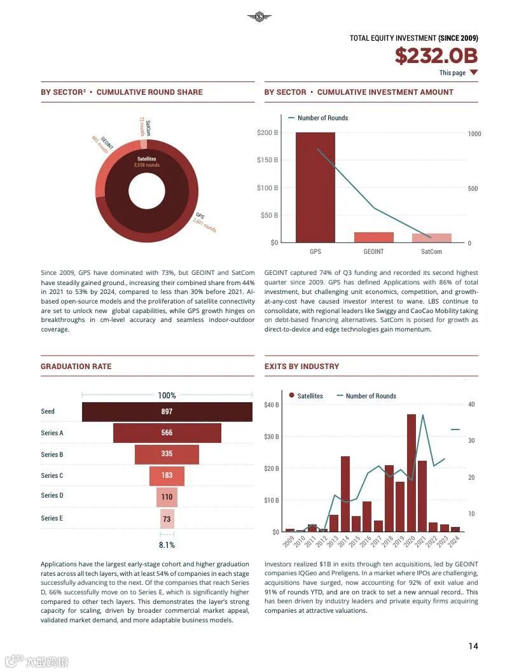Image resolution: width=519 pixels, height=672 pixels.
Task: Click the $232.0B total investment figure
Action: [x=436, y=56]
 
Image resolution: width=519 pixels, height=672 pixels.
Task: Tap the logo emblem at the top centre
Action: [x=259, y=17]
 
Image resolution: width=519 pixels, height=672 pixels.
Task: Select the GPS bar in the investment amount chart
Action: [x=315, y=187]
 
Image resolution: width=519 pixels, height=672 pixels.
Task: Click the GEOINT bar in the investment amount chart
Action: [x=373, y=237]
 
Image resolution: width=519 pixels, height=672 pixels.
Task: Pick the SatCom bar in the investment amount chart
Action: [x=431, y=238]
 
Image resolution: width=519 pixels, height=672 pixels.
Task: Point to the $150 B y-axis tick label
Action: [x=267, y=160]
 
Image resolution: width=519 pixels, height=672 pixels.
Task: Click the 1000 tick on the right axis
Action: [x=474, y=134]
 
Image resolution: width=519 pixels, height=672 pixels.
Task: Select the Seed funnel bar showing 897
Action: [x=167, y=412]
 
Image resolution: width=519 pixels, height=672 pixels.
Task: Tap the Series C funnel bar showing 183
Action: [x=167, y=475]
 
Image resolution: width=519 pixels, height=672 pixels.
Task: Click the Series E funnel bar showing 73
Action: [x=167, y=519]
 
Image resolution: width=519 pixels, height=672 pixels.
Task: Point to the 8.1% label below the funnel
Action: [x=167, y=545]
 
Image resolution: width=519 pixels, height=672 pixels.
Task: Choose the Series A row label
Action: [x=52, y=433]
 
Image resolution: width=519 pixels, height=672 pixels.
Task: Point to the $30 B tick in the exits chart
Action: [x=272, y=437]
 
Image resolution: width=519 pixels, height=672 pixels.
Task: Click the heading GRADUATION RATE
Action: [x=76, y=367]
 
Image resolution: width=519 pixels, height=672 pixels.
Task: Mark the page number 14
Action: [x=473, y=647]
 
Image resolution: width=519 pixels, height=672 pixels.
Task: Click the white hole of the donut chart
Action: [x=146, y=191]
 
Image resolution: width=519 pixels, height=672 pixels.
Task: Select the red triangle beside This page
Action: [x=473, y=73]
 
